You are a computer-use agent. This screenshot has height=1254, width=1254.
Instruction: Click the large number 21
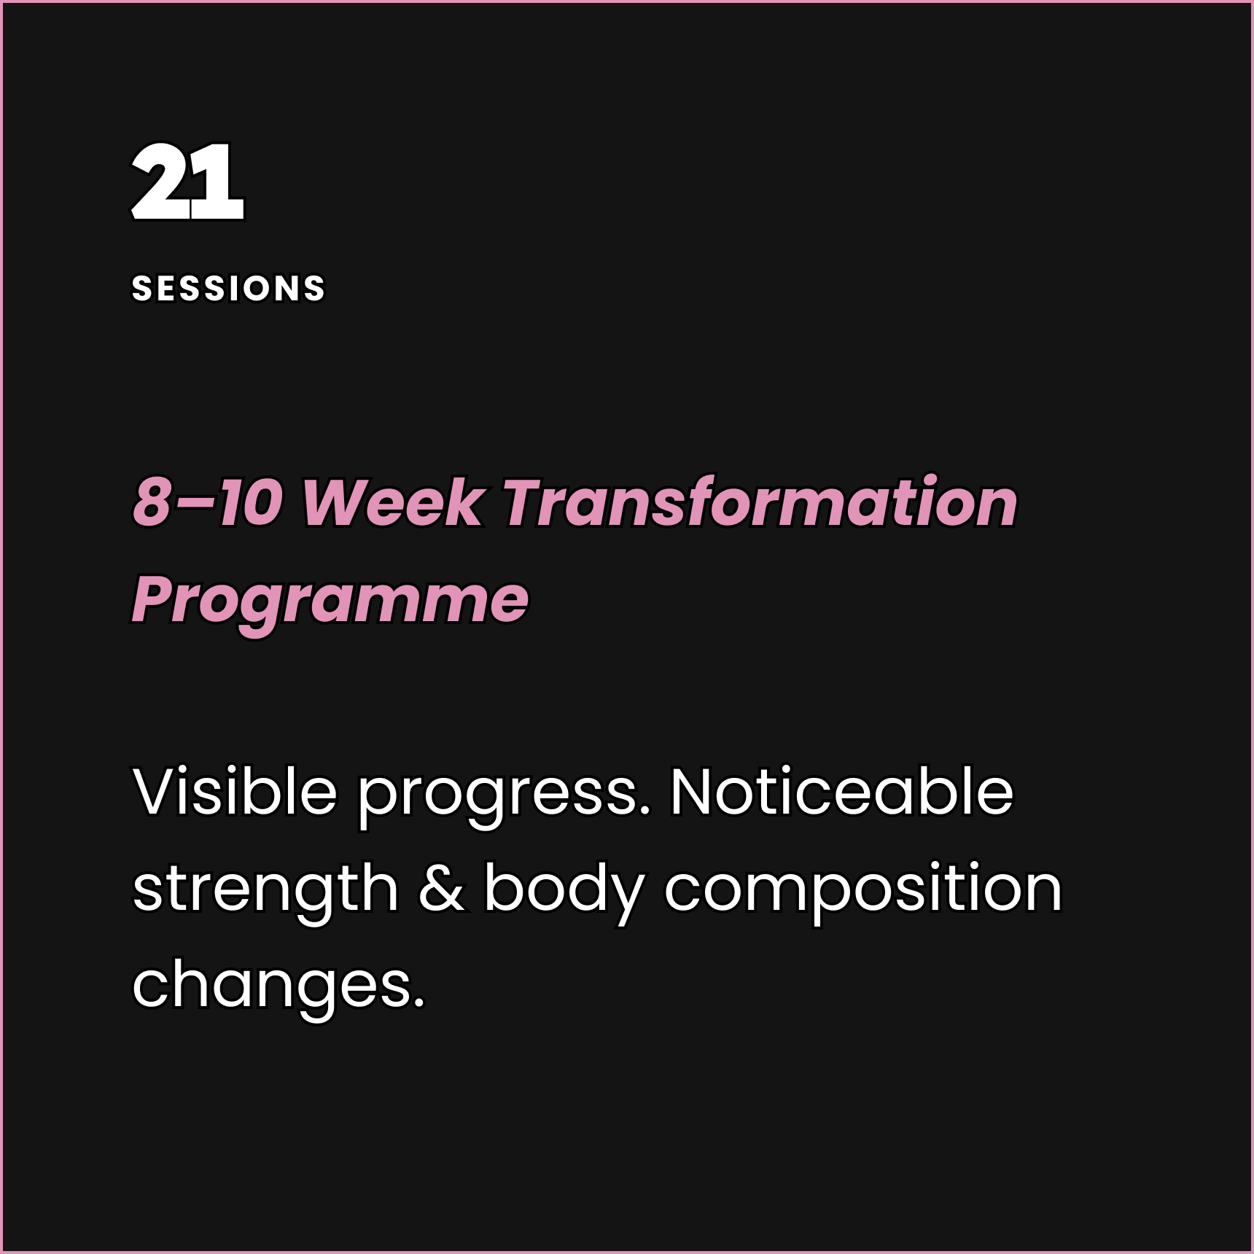[187, 182]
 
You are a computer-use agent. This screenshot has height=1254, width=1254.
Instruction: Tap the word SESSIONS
[228, 289]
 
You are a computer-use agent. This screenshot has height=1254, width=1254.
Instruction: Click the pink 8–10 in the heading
[208, 502]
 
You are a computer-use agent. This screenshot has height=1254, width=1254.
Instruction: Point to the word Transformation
[760, 502]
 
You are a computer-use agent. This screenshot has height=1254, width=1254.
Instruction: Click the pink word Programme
[330, 600]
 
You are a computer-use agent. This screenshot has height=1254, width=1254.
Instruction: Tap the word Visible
[235, 792]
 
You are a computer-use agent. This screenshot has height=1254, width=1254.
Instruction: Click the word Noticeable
[841, 792]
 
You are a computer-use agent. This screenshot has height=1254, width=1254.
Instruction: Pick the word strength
[265, 889]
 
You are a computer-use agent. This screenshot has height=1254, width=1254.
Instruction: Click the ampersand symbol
[442, 889]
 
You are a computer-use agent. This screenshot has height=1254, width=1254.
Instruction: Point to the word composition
[862, 889]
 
